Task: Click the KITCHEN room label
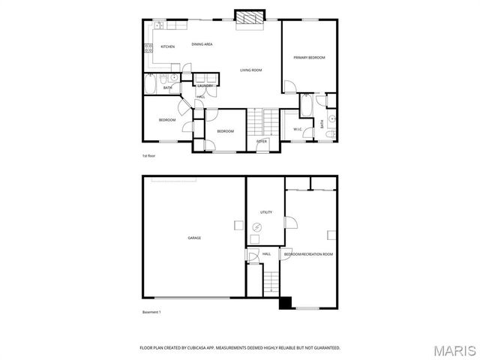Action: pos(168,47)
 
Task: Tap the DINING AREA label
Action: pos(202,44)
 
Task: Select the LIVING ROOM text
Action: pos(250,70)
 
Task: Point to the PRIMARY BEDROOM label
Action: pos(309,57)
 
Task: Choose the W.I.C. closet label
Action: pos(298,130)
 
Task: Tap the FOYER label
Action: pos(262,141)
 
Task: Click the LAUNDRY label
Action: pos(205,86)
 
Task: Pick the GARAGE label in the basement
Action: pos(194,238)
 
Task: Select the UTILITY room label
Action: pos(266,212)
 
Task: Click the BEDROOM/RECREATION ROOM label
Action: pos(308,254)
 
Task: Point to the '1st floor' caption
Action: pos(148,156)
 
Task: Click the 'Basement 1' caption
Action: pos(152,312)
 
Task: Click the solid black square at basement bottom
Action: pos(285,303)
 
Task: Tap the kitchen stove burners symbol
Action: pos(147,50)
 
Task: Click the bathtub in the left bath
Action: pos(149,88)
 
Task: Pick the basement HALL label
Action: pos(267,254)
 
